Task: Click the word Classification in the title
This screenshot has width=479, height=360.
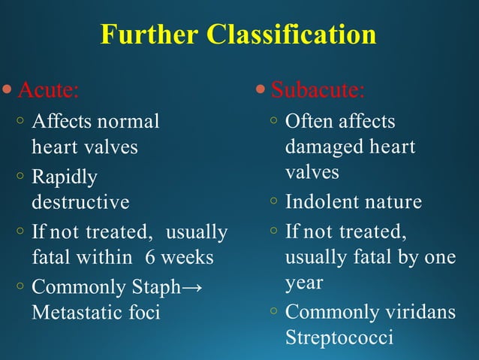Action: pos(292,35)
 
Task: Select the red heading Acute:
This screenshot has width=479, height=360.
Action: pos(47,91)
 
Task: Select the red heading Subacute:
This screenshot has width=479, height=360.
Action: pos(318,91)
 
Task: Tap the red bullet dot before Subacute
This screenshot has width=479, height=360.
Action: pos(261,91)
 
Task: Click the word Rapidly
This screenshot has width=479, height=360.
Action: pos(65,177)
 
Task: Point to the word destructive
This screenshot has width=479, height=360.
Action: pos(80,202)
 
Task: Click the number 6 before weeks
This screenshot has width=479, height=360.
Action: pos(151,258)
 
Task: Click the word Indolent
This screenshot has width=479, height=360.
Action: pos(321,202)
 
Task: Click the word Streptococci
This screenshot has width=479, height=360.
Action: pos(339,337)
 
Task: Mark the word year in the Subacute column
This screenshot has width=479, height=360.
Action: pos(304,283)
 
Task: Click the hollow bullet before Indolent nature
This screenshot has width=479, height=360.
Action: pos(275,201)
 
